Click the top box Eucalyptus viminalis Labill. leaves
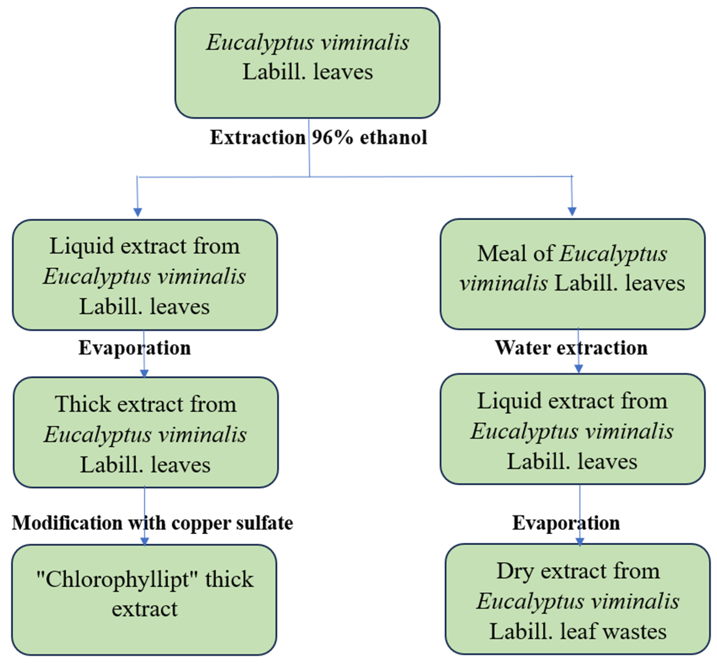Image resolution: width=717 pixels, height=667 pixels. [307, 63]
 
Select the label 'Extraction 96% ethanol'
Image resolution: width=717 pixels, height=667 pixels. [319, 138]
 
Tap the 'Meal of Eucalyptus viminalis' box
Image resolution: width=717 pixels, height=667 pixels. [572, 274]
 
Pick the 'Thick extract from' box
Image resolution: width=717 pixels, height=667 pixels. [146, 433]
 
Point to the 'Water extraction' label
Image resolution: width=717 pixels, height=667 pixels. [571, 348]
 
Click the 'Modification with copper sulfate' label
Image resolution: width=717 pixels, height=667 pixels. [152, 523]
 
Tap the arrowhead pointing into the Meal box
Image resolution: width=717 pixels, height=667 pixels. [572, 211]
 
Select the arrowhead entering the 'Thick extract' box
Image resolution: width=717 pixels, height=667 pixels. [144, 374]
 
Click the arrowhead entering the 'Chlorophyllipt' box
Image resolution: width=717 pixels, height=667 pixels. [145, 542]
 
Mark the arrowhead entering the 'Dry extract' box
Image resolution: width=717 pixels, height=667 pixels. [580, 542]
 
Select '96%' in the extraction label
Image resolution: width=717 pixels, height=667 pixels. [332, 138]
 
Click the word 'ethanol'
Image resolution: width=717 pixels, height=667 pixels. [394, 138]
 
